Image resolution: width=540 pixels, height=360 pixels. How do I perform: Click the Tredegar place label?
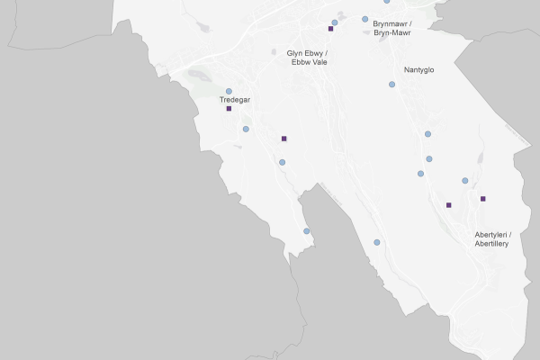coord(235,100)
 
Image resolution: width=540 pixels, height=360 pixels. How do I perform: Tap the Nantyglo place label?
coord(419,69)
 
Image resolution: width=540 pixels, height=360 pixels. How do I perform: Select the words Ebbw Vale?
coord(300,63)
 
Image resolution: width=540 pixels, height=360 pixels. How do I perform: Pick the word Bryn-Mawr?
coord(392,32)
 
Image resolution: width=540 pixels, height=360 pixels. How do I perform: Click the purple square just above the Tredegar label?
coord(229,108)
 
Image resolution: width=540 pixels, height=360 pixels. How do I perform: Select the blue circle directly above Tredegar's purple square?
coord(229,91)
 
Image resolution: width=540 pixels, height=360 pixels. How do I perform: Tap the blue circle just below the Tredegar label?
coord(246,129)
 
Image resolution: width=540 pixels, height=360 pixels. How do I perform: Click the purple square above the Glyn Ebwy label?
coord(330,29)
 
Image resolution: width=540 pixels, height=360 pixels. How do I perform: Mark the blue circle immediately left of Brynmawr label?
coord(364,19)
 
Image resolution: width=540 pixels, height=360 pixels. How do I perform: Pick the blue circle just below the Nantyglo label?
coord(391,85)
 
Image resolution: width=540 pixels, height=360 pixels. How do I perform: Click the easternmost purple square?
coord(483,198)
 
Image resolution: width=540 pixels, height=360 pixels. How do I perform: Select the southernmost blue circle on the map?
coord(377,242)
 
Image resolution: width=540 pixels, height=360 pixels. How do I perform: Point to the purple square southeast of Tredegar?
coord(283,139)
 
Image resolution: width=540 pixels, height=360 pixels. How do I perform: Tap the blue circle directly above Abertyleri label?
coord(465,181)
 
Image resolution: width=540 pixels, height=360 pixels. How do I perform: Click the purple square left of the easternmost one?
coord(448,205)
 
